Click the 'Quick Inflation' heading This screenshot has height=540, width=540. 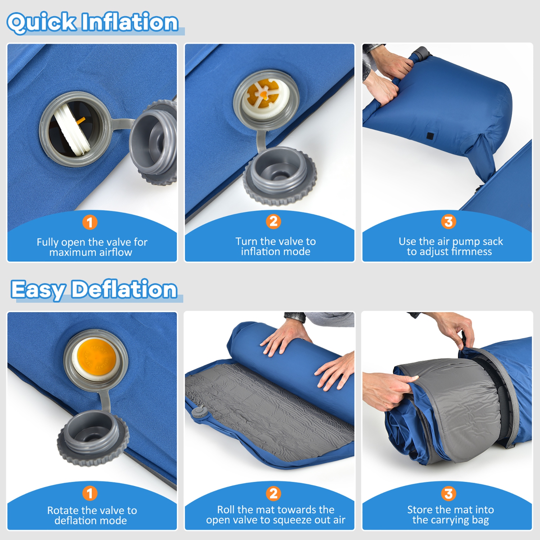click(x=93, y=22)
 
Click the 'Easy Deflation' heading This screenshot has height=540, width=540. click(x=94, y=289)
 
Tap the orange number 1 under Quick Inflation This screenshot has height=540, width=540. click(x=90, y=222)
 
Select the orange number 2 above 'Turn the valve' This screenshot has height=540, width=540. click(x=274, y=221)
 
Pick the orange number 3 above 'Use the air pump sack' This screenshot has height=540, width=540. click(x=449, y=221)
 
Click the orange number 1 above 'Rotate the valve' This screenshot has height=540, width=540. click(x=90, y=493)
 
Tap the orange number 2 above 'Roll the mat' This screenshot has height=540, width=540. click(x=274, y=493)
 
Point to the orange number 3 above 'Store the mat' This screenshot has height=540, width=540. click(x=449, y=493)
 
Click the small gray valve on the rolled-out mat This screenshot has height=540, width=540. click(x=199, y=411)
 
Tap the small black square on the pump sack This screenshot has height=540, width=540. click(x=430, y=136)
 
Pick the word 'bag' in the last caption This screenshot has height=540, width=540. click(x=480, y=520)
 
